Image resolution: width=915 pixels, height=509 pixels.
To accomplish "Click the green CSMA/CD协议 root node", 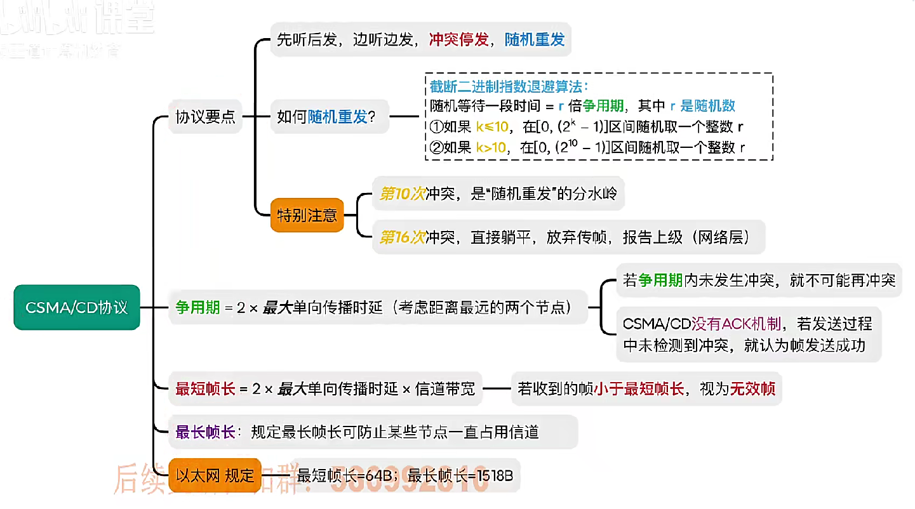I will (x=77, y=308).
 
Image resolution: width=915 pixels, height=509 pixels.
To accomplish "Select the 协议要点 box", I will (x=205, y=117).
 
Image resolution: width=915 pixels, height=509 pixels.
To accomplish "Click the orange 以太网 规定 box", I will (x=215, y=475).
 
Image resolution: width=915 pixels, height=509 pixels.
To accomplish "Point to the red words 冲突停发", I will (x=458, y=39).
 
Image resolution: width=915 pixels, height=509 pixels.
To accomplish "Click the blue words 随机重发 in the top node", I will (x=535, y=39).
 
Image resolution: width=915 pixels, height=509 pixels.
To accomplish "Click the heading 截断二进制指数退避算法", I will (x=509, y=87).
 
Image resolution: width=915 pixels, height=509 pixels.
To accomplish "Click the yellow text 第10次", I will (x=402, y=194).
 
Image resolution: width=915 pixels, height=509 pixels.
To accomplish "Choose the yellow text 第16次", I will (x=402, y=237).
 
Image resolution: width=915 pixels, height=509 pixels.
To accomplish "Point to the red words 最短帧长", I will (x=205, y=389).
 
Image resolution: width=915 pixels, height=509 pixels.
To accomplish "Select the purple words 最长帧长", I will (x=205, y=432).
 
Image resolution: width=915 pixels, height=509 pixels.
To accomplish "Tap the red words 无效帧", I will (x=752, y=389).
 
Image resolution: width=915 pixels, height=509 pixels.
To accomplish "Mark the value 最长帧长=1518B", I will (x=460, y=475).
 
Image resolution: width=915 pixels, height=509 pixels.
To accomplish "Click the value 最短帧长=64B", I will (x=347, y=475).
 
